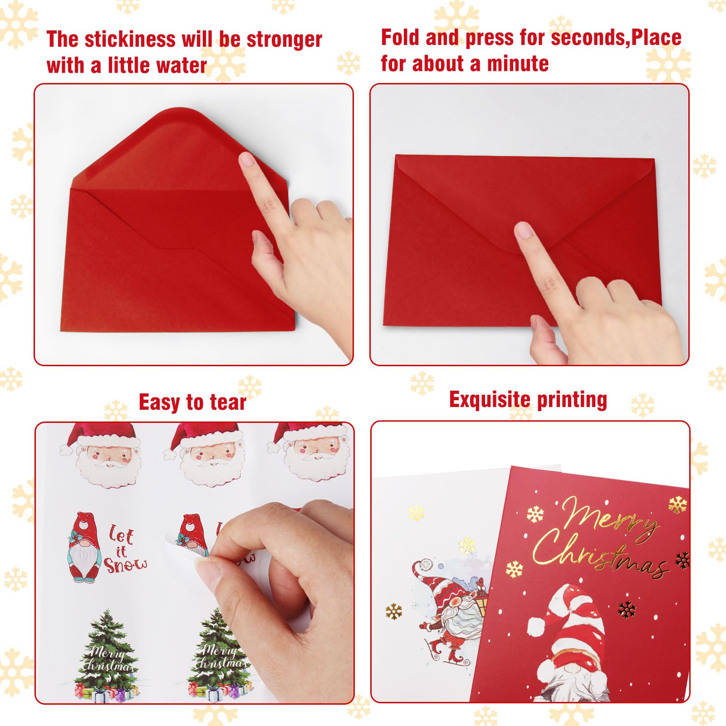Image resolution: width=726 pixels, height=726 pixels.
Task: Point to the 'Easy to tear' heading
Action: coord(192,402)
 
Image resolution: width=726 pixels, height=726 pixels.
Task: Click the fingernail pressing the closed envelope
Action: coord(524,230)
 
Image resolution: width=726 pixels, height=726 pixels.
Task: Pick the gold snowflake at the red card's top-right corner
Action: coord(677,504)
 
